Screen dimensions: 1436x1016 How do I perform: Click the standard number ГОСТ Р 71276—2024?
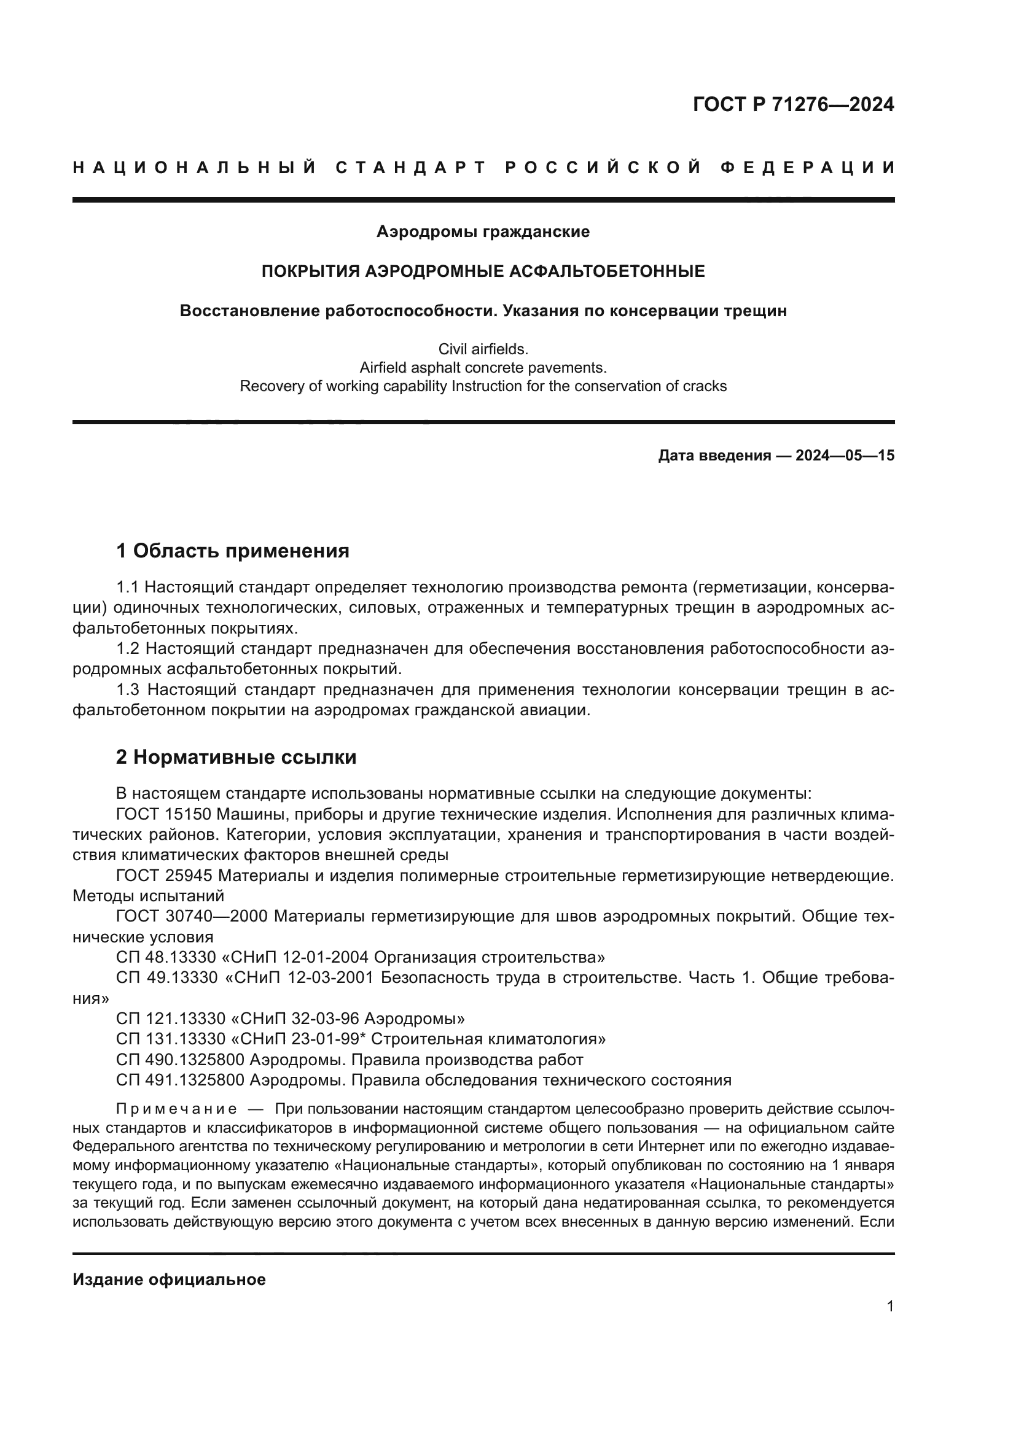click(x=793, y=104)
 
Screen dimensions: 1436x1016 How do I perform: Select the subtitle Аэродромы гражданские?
click(x=483, y=232)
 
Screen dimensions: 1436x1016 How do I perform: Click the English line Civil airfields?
click(x=483, y=349)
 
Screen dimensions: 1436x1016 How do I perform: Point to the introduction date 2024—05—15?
click(x=845, y=456)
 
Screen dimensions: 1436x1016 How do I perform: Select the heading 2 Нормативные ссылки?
click(x=236, y=758)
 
